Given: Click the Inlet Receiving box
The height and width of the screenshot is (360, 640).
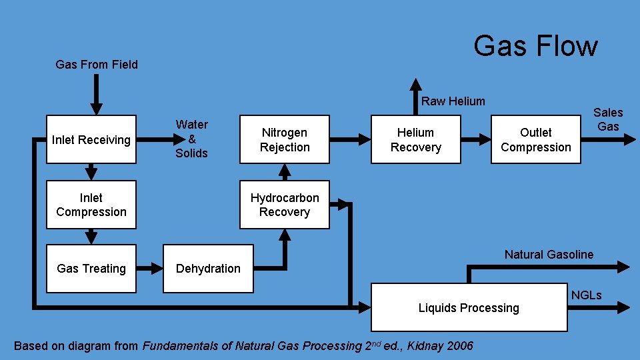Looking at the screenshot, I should click(x=91, y=139).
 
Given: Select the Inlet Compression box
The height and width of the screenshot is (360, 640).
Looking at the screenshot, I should click(x=91, y=205).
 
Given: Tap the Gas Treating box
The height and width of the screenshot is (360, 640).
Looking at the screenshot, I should click(x=91, y=269).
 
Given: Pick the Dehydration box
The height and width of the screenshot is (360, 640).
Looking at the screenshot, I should click(x=208, y=269).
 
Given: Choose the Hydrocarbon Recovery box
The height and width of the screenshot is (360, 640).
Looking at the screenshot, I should click(x=285, y=205).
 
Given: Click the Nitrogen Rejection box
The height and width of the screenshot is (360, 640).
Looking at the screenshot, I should click(x=285, y=139).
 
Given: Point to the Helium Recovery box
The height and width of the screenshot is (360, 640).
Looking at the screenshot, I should click(x=415, y=139).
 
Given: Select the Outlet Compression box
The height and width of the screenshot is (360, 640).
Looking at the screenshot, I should click(x=535, y=139).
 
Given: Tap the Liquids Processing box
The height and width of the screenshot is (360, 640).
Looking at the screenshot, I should click(x=469, y=307).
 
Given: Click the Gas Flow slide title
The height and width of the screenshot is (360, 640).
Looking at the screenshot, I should click(x=535, y=46).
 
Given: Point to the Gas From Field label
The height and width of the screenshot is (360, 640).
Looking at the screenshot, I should click(x=97, y=65).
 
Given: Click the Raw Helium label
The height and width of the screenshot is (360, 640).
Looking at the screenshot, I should click(x=453, y=101).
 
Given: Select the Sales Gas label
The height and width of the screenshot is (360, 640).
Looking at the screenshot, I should click(x=607, y=119).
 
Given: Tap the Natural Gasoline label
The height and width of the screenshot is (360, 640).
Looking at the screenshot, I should click(x=549, y=254).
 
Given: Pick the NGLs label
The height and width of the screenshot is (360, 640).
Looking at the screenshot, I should click(x=586, y=295).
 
